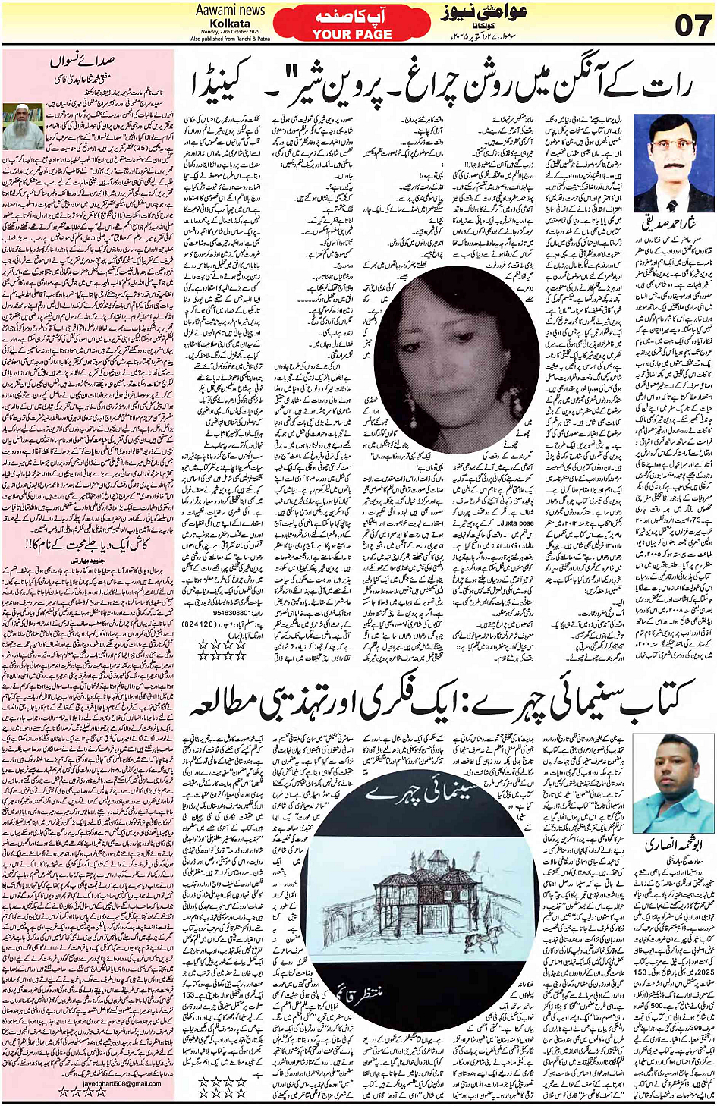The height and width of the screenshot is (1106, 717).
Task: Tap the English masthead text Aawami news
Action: [230, 10]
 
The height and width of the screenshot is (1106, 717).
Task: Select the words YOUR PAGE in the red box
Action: [352, 34]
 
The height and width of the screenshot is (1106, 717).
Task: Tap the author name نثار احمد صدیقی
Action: [668, 225]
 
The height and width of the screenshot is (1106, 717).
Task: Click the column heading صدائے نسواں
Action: [84, 60]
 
